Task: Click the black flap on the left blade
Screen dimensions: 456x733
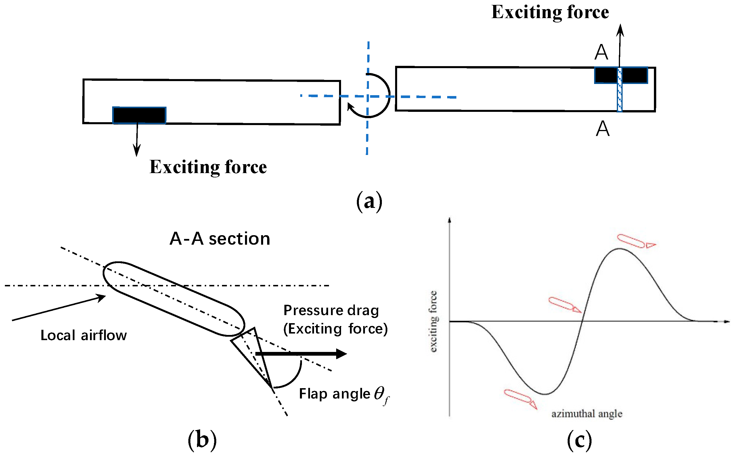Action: coord(139,115)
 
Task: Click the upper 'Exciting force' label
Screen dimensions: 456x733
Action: coord(550,13)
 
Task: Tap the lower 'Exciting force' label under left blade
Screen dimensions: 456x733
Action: coord(208,167)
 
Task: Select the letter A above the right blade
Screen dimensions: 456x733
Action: coord(601,53)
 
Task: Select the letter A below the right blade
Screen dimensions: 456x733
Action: coord(603,129)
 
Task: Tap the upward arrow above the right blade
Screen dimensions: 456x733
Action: coord(620,45)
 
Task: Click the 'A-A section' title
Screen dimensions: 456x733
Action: coord(220,239)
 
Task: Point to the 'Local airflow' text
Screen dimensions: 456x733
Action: coord(84,335)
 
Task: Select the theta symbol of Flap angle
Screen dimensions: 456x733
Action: coord(380,393)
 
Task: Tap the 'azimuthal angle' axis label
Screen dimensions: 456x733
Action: coord(587,414)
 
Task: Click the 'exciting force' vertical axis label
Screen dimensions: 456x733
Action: coord(433,321)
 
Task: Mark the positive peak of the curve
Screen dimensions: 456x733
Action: coord(620,249)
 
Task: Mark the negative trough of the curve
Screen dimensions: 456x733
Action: coord(545,394)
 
